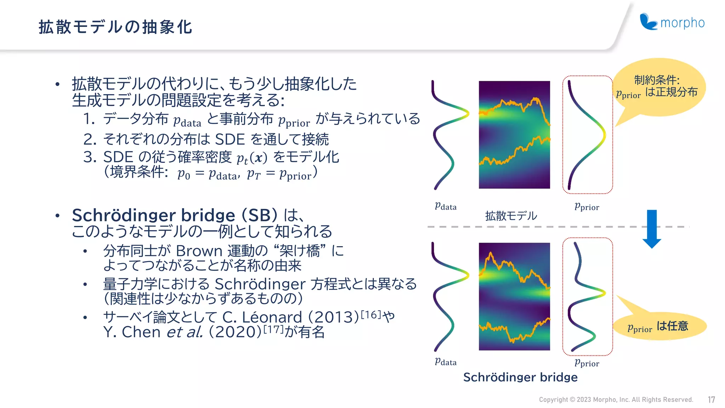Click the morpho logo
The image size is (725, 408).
pos(672,22)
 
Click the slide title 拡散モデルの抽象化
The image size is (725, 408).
pos(115,27)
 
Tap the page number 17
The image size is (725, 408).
pos(711,400)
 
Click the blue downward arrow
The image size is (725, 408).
pos(652,228)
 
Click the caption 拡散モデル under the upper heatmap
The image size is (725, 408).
pos(511,216)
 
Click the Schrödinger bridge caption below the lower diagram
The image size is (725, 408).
pos(520,377)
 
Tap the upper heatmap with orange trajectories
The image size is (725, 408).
pos(514,135)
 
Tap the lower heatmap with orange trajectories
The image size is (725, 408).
pos(514,296)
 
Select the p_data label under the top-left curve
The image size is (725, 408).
pos(445,206)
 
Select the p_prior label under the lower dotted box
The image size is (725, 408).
pos(587,363)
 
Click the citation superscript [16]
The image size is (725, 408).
pos(371,314)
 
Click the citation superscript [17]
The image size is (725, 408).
pos(274,329)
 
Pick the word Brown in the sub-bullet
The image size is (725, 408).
pos(199,251)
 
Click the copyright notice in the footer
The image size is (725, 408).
pos(616,400)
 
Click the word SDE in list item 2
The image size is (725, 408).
pos(230,140)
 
